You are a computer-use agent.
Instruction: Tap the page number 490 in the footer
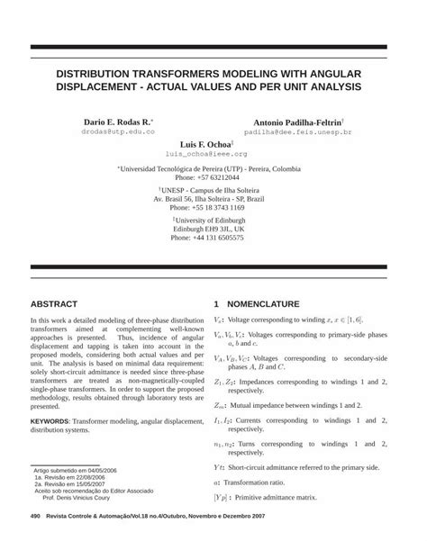tap(35, 515)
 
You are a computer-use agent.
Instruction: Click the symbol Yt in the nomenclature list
tap(219, 467)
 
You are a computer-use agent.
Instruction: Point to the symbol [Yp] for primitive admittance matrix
tap(222, 496)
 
